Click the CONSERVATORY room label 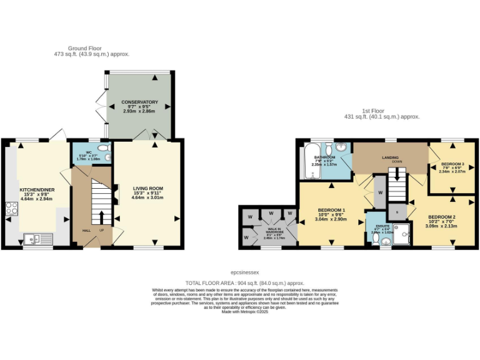(x=140, y=102)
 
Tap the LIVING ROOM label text (x=148, y=188)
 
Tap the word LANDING (x=391, y=157)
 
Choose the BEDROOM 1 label (x=331, y=209)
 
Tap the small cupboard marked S (x=396, y=212)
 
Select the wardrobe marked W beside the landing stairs (x=379, y=194)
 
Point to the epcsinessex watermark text (x=245, y=273)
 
